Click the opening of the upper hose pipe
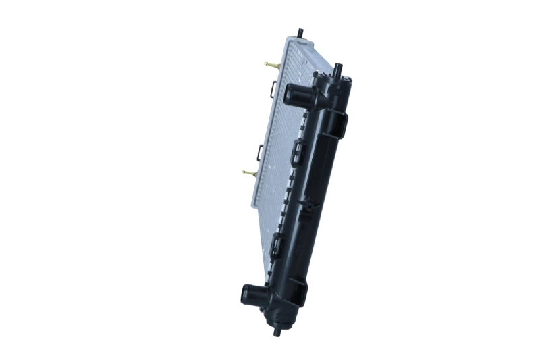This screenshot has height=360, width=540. pyautogui.click(x=290, y=95)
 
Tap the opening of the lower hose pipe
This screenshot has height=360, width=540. pyautogui.click(x=247, y=294)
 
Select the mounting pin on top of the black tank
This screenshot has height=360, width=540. pyautogui.click(x=337, y=70)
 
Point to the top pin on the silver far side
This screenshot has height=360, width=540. pyautogui.click(x=299, y=33)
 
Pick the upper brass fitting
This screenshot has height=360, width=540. pyautogui.click(x=271, y=66)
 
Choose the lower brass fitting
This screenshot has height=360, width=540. pyautogui.click(x=249, y=173)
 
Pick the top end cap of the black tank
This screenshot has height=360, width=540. pyautogui.click(x=344, y=82)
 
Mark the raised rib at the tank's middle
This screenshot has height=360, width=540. pyautogui.click(x=315, y=196)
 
